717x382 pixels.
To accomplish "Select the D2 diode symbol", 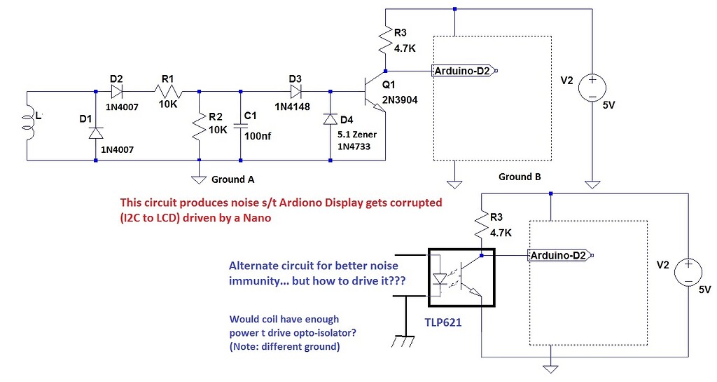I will pyautogui.click(x=116, y=90).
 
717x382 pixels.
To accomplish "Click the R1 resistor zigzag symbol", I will pyautogui.click(x=168, y=91).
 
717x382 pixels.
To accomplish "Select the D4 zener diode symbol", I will pyautogui.click(x=330, y=120).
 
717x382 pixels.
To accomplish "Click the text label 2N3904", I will pyautogui.click(x=400, y=100).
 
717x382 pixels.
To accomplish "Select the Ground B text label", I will pyautogui.click(x=520, y=177).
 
